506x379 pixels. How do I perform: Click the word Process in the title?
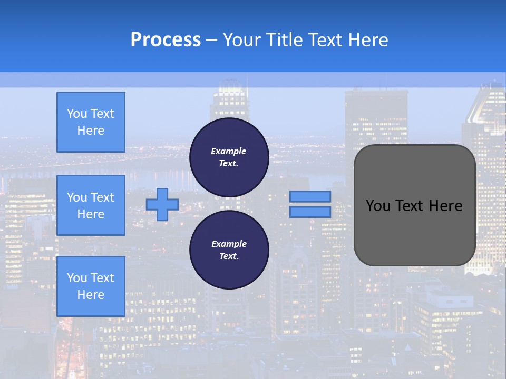pyautogui.click(x=166, y=40)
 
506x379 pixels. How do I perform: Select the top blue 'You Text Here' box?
pyautogui.click(x=91, y=122)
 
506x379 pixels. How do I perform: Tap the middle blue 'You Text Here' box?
pyautogui.click(x=91, y=205)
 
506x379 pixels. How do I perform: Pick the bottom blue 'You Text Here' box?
pyautogui.click(x=91, y=286)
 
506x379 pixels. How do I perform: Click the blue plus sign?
pyautogui.click(x=162, y=205)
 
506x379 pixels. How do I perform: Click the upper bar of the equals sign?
pyautogui.click(x=310, y=197)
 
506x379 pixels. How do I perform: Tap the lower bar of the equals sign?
pyautogui.click(x=310, y=212)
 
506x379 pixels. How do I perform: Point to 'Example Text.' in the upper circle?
pyautogui.click(x=229, y=157)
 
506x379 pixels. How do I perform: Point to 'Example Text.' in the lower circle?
pyautogui.click(x=229, y=250)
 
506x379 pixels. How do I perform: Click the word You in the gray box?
pyautogui.click(x=378, y=206)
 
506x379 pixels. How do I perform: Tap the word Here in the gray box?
pyautogui.click(x=446, y=206)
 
